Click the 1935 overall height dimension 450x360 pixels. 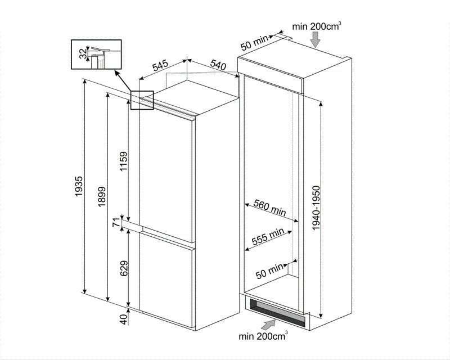pos(79,187)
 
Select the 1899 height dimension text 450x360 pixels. pos(102,197)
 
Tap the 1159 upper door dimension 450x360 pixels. pos(124,161)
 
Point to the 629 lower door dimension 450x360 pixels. pos(124,268)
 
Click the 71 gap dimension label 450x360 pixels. pos(116,223)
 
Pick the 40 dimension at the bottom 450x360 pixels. pos(123,319)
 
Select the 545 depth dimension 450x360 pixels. pos(160,66)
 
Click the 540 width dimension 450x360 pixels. pos(218,65)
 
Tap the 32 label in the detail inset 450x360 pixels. pos(83,53)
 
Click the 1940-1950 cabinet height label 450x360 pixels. pos(316,208)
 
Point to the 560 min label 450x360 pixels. pos(270,207)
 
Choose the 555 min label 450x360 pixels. pos(268,236)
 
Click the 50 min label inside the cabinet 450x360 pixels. pos(269,271)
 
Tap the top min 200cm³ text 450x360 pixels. pos(317,26)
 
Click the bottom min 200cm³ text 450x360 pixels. pos(263,335)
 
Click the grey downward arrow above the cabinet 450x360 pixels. pos(316,39)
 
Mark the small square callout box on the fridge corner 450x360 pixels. pos(142,100)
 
